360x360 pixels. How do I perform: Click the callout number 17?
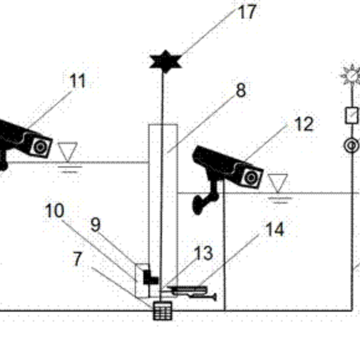pyautogui.click(x=248, y=12)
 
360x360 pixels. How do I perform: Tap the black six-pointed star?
pyautogui.click(x=165, y=61)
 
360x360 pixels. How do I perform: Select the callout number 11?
pyautogui.click(x=78, y=81)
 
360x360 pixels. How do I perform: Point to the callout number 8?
pyautogui.click(x=241, y=90)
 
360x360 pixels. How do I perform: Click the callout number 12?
pyautogui.click(x=304, y=124)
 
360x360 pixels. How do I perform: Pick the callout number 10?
pyautogui.click(x=55, y=210)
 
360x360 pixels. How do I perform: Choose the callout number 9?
pyautogui.click(x=96, y=224)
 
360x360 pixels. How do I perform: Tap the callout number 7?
pyautogui.click(x=78, y=259)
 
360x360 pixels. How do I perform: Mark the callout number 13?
pyautogui.click(x=204, y=253)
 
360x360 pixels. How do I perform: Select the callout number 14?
pyautogui.click(x=274, y=230)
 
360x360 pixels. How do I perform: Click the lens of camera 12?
pyautogui.click(x=251, y=178)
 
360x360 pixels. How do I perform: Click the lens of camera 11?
pyautogui.click(x=40, y=147)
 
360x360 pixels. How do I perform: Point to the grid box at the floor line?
pyautogui.click(x=163, y=311)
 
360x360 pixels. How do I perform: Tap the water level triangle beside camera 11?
pyautogui.click(x=67, y=151)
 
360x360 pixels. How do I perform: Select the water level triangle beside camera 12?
pyautogui.click(x=277, y=183)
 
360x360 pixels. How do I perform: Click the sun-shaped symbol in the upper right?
pyautogui.click(x=351, y=75)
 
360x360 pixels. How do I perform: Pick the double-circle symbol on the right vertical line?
pyautogui.click(x=351, y=145)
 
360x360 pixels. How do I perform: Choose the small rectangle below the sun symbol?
pyautogui.click(x=352, y=115)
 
